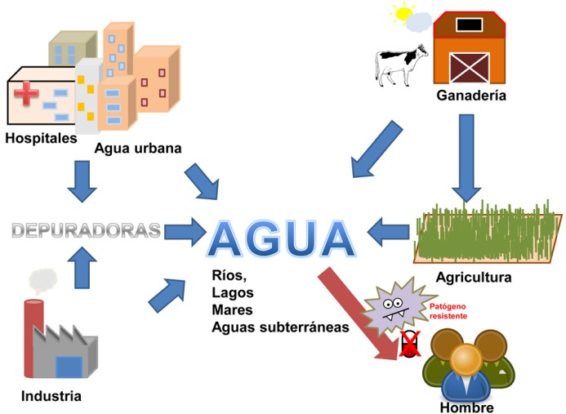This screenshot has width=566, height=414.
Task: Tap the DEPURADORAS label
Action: (86, 230)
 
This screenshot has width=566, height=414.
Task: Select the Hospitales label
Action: (41, 137)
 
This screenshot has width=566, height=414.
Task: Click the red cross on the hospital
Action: (26, 94)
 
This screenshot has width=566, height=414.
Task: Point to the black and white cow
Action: (401, 64)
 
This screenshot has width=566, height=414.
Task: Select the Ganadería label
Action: (470, 96)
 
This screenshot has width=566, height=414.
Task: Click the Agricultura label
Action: (474, 277)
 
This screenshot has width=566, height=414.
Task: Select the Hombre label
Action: (466, 407)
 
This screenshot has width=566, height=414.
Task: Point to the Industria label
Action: (51, 397)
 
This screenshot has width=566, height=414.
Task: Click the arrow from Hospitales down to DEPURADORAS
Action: (82, 180)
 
